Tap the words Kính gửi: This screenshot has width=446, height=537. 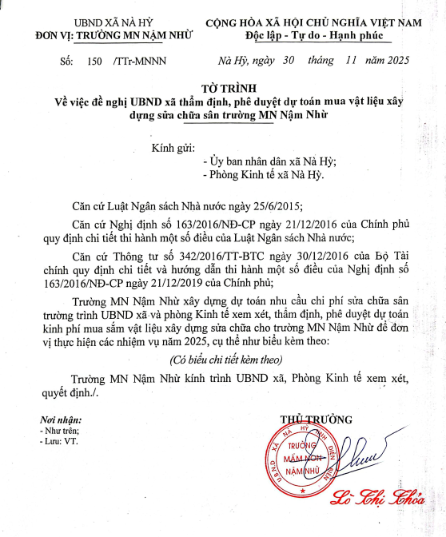[174, 147]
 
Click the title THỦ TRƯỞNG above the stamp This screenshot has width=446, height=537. [316, 420]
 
